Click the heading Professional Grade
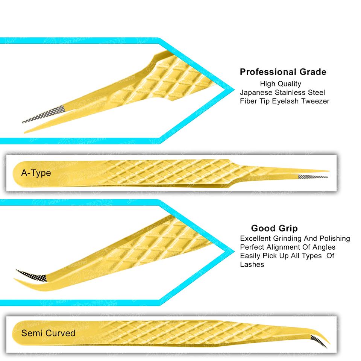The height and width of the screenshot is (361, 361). click(x=283, y=72)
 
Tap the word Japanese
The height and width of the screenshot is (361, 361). click(x=255, y=92)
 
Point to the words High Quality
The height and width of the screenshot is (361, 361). click(x=280, y=83)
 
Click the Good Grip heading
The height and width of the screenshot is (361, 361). click(x=274, y=228)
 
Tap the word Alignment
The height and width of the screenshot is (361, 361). click(x=282, y=247)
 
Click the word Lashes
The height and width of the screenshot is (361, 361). click(x=252, y=264)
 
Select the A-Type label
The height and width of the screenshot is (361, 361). click(x=36, y=173)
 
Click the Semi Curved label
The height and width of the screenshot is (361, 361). click(x=48, y=333)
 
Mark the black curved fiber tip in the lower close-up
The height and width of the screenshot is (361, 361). click(x=32, y=276)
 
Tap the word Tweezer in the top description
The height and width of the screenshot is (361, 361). click(x=315, y=101)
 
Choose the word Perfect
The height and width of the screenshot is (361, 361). click(x=252, y=247)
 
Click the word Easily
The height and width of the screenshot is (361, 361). click(x=251, y=256)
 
